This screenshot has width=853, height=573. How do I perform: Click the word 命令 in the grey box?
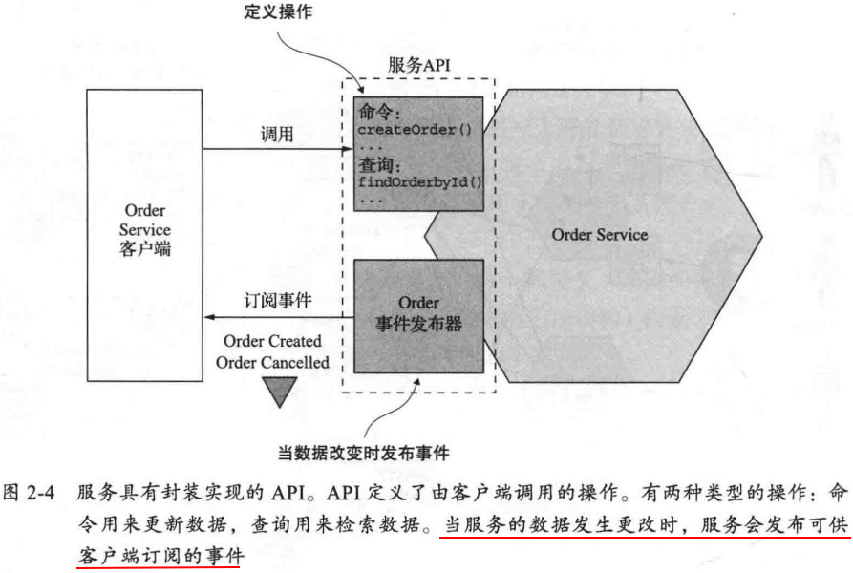point(375,110)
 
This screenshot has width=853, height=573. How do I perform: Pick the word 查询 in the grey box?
point(375,164)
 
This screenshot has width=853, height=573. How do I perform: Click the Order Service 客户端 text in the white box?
point(147,230)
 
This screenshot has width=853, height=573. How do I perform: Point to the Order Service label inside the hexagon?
point(599,235)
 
